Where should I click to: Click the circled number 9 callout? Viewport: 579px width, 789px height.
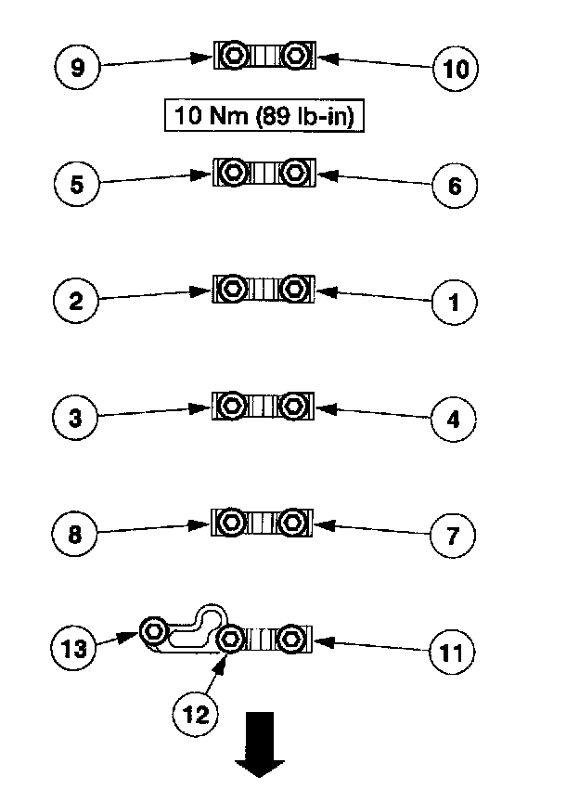(x=77, y=68)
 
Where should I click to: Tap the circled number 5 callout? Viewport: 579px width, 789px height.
(x=77, y=184)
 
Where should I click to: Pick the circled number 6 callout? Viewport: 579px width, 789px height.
(x=456, y=185)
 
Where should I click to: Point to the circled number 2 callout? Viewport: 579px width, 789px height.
(x=77, y=301)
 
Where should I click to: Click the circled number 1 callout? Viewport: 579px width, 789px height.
(x=456, y=302)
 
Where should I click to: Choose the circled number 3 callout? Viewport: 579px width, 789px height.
(x=77, y=418)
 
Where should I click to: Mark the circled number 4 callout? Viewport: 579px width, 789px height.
(x=456, y=419)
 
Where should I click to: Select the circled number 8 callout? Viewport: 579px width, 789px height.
(x=77, y=535)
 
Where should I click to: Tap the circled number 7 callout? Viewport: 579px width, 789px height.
(x=456, y=536)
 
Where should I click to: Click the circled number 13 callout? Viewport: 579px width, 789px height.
(x=75, y=647)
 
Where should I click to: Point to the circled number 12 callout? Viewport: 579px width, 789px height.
(x=196, y=713)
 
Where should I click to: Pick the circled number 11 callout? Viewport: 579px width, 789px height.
(x=454, y=652)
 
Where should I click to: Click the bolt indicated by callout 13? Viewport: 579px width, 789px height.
(x=155, y=632)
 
